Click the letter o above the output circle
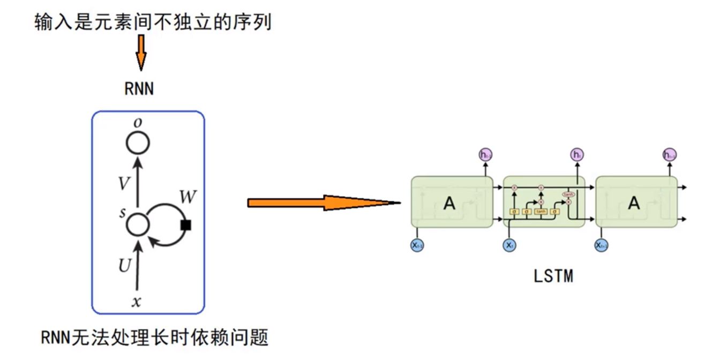(x=138, y=123)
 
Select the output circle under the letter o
(x=138, y=143)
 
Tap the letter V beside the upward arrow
(x=124, y=184)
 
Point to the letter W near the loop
(x=188, y=197)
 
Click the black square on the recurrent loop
(x=186, y=225)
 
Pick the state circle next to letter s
(x=138, y=224)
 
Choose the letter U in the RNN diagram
(x=124, y=265)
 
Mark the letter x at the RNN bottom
(x=137, y=302)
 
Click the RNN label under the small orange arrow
(x=139, y=89)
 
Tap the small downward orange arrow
(x=141, y=53)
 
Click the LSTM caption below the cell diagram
(x=553, y=276)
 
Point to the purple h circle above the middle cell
(x=576, y=155)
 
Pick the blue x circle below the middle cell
(x=509, y=245)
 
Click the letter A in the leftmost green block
(x=450, y=203)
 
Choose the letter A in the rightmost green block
(x=634, y=203)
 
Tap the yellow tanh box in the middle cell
(x=541, y=212)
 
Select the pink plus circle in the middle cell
(x=541, y=187)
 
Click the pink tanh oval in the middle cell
(x=568, y=194)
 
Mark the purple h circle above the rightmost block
(x=669, y=155)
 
